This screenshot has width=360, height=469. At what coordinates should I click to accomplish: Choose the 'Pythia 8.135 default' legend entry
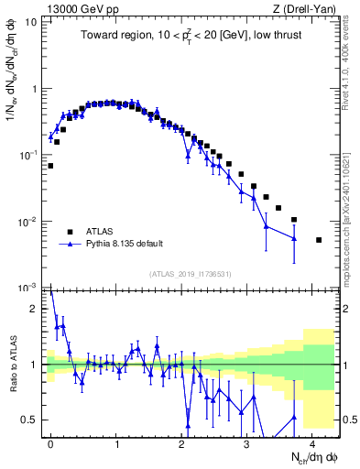click(x=123, y=245)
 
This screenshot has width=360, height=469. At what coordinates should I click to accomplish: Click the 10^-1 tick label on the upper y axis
click(x=29, y=155)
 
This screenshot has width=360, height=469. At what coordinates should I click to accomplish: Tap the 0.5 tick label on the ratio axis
click(x=30, y=420)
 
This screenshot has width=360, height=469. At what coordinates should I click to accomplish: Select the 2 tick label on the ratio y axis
click(x=35, y=309)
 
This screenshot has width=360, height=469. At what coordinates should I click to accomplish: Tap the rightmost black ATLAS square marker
click(x=319, y=240)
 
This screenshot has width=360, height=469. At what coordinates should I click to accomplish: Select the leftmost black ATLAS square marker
click(x=50, y=166)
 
